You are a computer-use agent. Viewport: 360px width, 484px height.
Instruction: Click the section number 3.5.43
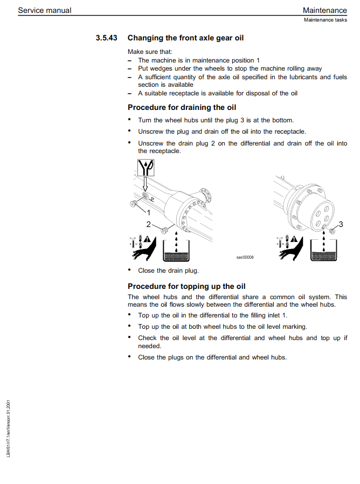point(106,38)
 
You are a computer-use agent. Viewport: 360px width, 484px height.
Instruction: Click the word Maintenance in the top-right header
point(324,10)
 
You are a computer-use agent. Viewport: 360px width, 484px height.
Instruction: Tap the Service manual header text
point(44,10)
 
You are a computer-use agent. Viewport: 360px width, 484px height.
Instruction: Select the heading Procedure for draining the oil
point(182,107)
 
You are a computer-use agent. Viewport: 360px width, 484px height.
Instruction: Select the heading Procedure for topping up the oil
point(186,286)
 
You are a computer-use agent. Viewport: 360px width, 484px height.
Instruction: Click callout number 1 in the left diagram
point(149,212)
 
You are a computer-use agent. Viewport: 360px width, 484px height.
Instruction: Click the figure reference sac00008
point(245,257)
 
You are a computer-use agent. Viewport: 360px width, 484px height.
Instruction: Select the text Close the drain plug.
point(168,271)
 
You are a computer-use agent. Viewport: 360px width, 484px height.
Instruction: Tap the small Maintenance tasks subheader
point(325,20)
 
